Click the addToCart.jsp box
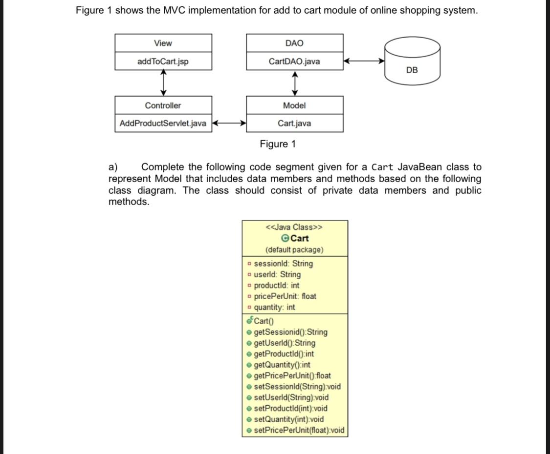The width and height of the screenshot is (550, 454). point(163,62)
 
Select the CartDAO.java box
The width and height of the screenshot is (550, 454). point(294,62)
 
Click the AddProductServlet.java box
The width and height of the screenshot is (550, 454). point(163,124)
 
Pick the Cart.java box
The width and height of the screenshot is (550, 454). point(294,124)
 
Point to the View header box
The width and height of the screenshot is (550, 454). point(163,43)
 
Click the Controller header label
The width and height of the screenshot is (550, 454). point(163,105)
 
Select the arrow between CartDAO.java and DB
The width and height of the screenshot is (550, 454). point(364,62)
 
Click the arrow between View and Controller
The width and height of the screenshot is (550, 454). point(163,83)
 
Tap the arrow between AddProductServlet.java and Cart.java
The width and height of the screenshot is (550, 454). point(229,124)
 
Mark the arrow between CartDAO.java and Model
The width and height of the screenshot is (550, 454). point(295,83)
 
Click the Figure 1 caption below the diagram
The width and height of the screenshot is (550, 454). point(278,144)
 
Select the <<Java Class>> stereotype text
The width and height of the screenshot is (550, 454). point(294,227)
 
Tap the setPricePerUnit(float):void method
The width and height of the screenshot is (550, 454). point(299,430)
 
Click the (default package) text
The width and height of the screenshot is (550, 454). point(294,249)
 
